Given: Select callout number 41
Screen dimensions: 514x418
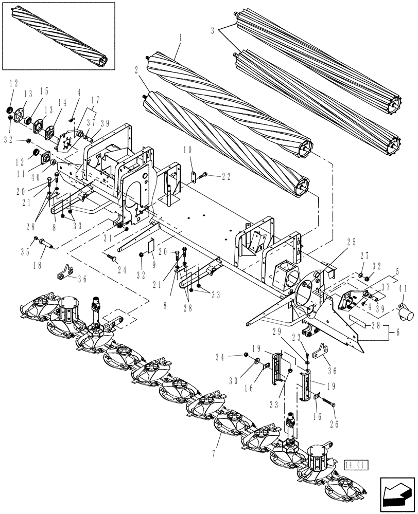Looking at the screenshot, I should (403, 289).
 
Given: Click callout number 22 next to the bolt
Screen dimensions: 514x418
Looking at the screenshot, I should (225, 176).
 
